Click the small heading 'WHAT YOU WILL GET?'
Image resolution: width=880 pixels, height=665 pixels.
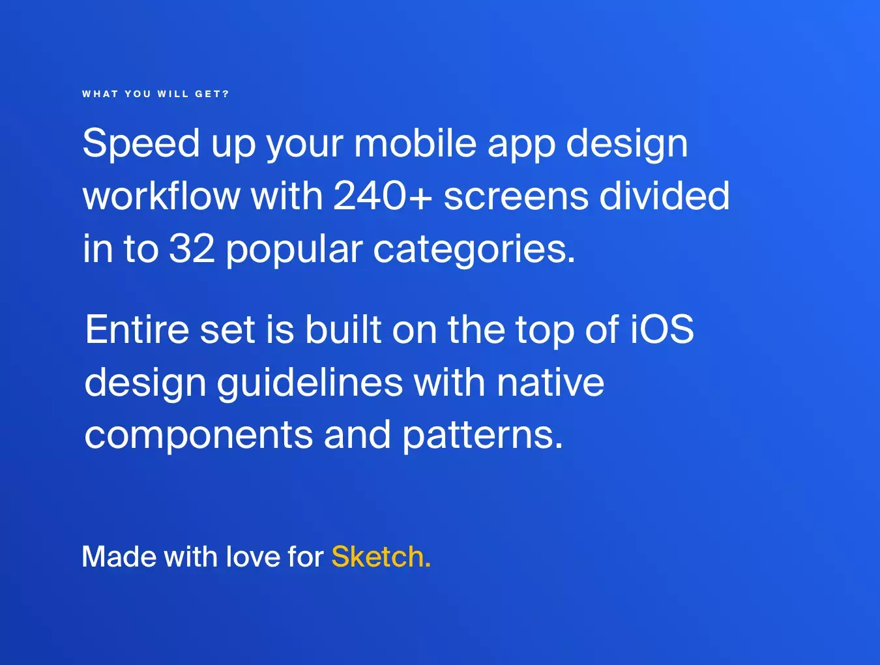click(x=156, y=94)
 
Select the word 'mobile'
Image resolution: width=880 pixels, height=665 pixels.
click(x=415, y=143)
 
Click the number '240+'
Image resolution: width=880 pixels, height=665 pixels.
click(x=383, y=196)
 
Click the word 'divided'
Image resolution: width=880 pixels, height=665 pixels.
click(x=664, y=195)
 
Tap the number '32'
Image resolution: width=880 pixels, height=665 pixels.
click(x=192, y=248)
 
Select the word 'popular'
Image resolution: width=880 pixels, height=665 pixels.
click(x=294, y=250)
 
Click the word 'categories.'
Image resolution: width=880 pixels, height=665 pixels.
click(x=475, y=250)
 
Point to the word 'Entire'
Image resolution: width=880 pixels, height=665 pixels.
click(x=137, y=329)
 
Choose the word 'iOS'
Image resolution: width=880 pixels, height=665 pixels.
click(x=662, y=329)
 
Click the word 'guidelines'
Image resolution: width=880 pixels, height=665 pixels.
click(x=310, y=383)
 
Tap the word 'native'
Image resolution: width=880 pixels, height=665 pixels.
click(x=550, y=381)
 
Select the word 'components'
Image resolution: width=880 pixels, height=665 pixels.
click(x=198, y=436)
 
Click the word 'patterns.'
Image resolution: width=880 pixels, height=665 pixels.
click(x=483, y=436)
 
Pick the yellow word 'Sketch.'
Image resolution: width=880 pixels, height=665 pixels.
click(x=381, y=556)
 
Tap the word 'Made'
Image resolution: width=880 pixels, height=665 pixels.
click(x=119, y=556)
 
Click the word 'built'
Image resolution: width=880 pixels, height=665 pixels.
click(x=343, y=329)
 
